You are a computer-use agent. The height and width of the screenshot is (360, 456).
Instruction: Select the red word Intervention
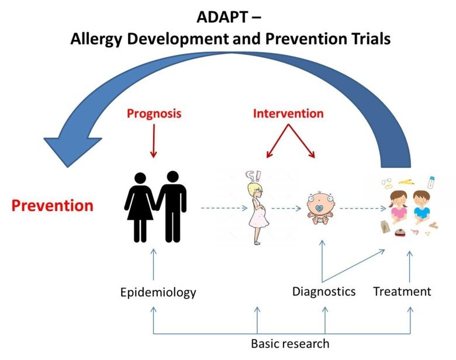click(288, 113)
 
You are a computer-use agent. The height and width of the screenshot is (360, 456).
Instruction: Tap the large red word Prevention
click(53, 206)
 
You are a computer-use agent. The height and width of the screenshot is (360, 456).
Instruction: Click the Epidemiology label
click(158, 292)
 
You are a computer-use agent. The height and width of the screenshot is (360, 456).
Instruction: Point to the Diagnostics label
click(324, 290)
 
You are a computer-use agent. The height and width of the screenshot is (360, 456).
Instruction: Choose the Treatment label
click(402, 290)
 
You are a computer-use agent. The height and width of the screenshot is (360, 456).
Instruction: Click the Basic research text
click(290, 343)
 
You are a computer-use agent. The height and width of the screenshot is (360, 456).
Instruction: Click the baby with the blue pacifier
click(320, 207)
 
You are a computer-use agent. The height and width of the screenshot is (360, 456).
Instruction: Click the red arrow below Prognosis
click(153, 141)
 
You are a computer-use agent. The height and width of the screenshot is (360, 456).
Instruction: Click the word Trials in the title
click(364, 39)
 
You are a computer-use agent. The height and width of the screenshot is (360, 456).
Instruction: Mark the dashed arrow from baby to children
click(358, 207)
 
